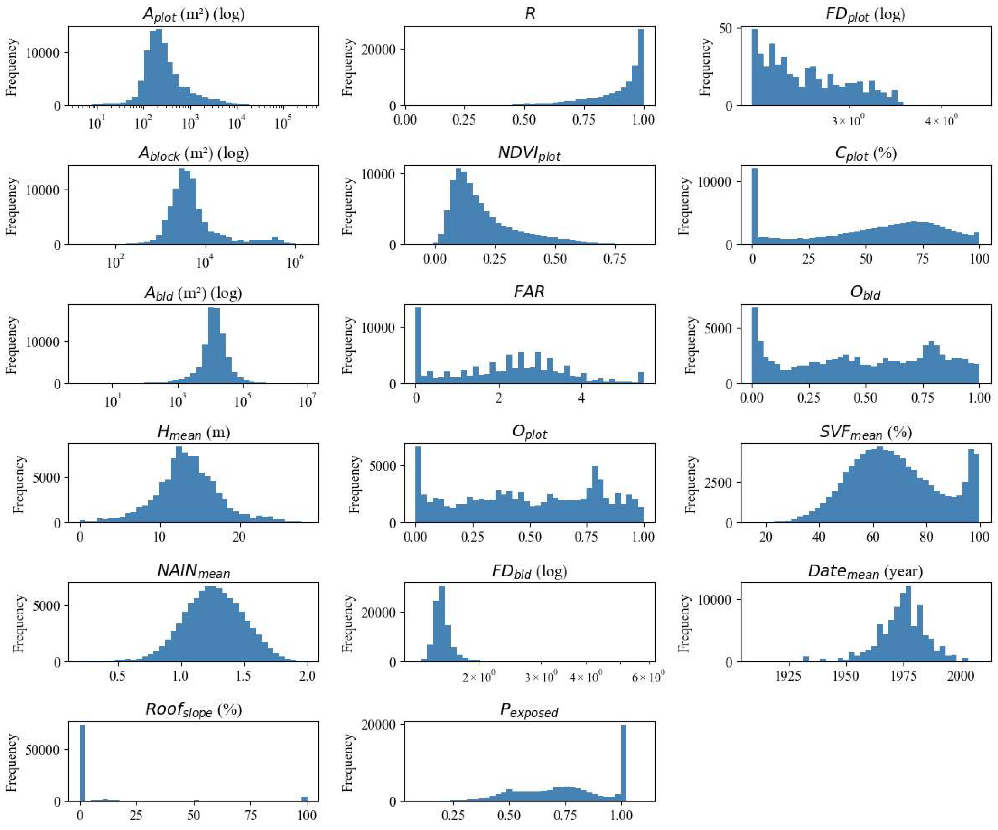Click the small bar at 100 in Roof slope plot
(305, 799)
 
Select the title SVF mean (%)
(865, 432)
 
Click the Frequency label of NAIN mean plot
(18, 623)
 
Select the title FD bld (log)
(530, 571)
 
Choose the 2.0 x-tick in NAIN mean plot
(307, 676)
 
